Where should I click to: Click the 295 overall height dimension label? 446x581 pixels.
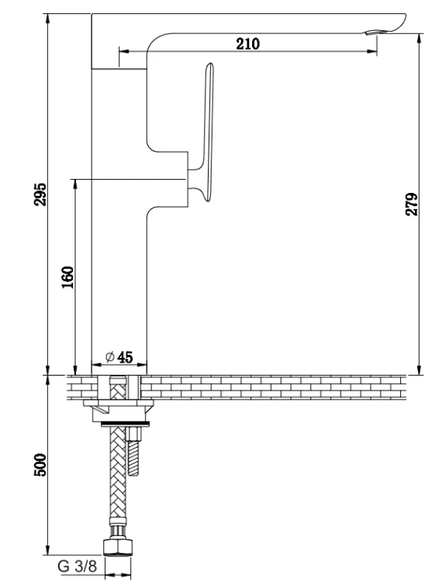point(40,194)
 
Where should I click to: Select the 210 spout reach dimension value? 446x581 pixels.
point(248,43)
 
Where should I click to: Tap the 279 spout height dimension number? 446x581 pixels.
point(412,204)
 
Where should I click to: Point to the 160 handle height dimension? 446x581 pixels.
point(67,277)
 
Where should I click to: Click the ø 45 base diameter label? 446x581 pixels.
point(119,357)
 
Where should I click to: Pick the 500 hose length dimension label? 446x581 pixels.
point(40,465)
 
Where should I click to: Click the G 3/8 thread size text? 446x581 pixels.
point(78,566)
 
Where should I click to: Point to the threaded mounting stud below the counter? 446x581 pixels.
point(133,452)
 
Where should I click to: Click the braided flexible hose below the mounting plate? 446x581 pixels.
point(118,482)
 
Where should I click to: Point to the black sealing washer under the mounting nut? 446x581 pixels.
point(126,423)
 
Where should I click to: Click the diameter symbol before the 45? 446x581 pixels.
point(110,357)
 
